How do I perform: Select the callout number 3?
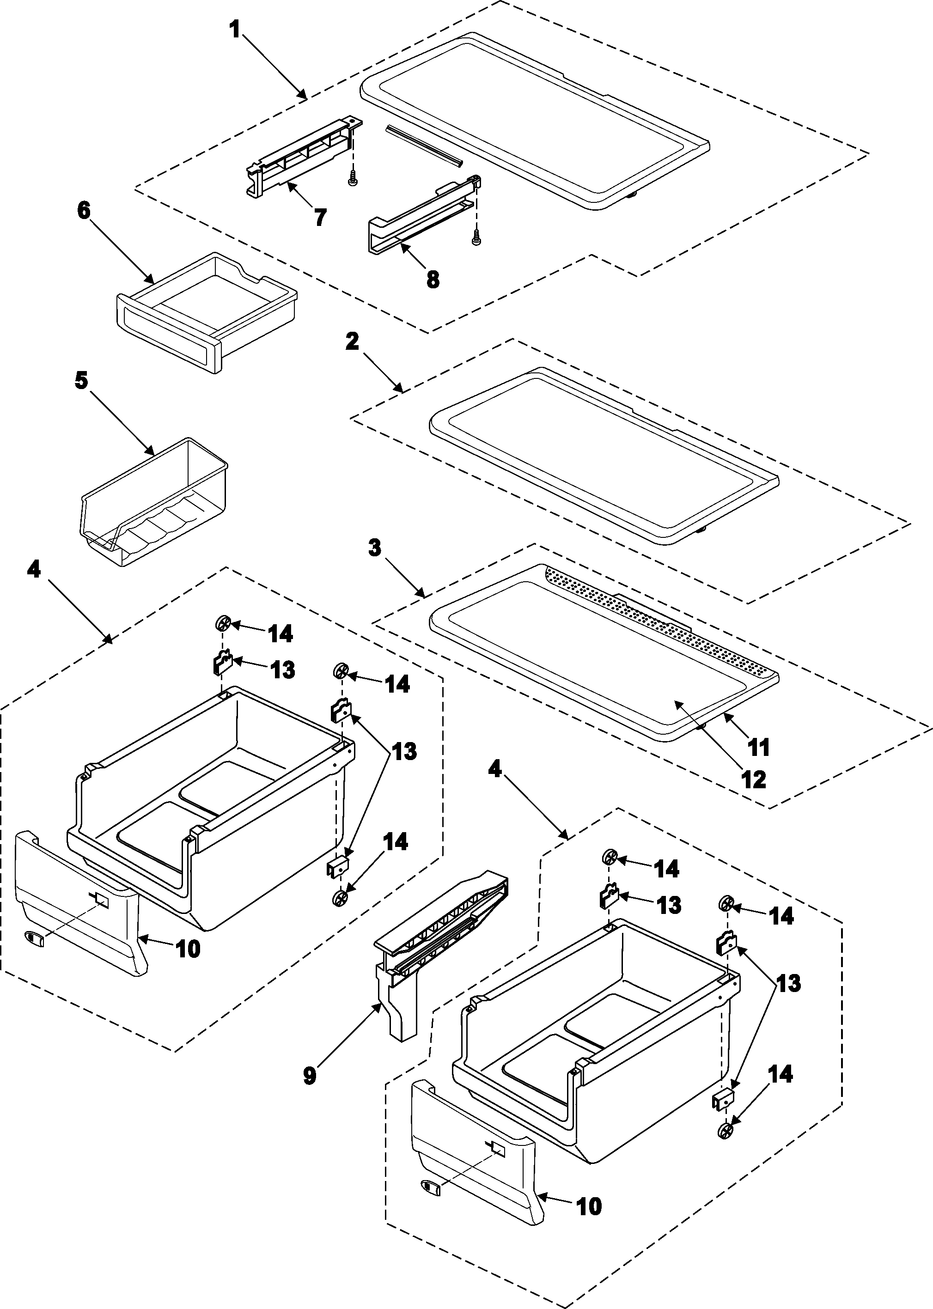click(x=375, y=548)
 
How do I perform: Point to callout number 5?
click(x=82, y=380)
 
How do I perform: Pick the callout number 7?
click(x=320, y=217)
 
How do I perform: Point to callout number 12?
click(x=754, y=779)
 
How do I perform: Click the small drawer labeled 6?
click(x=207, y=310)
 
